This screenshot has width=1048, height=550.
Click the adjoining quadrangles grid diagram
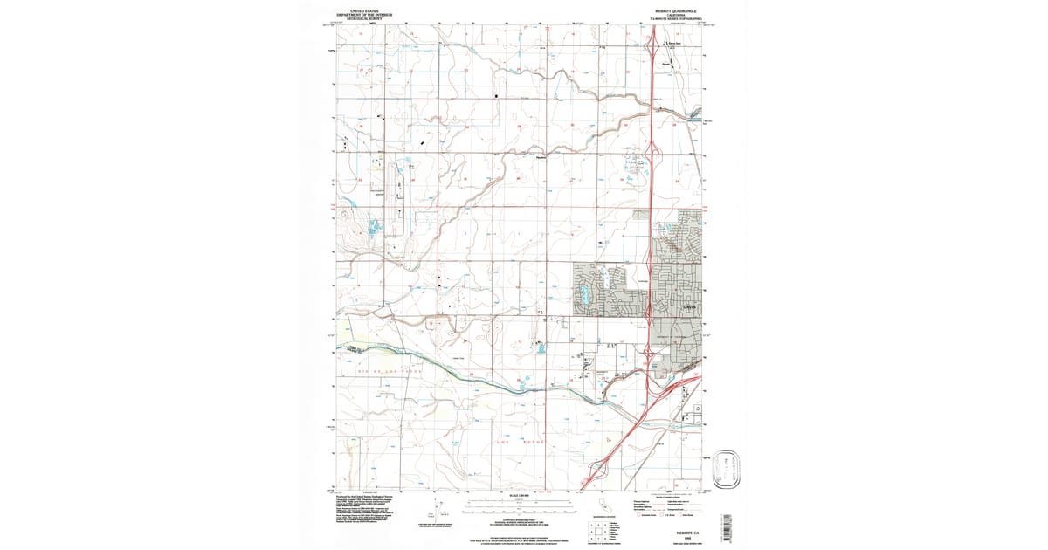click(x=595, y=529)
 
